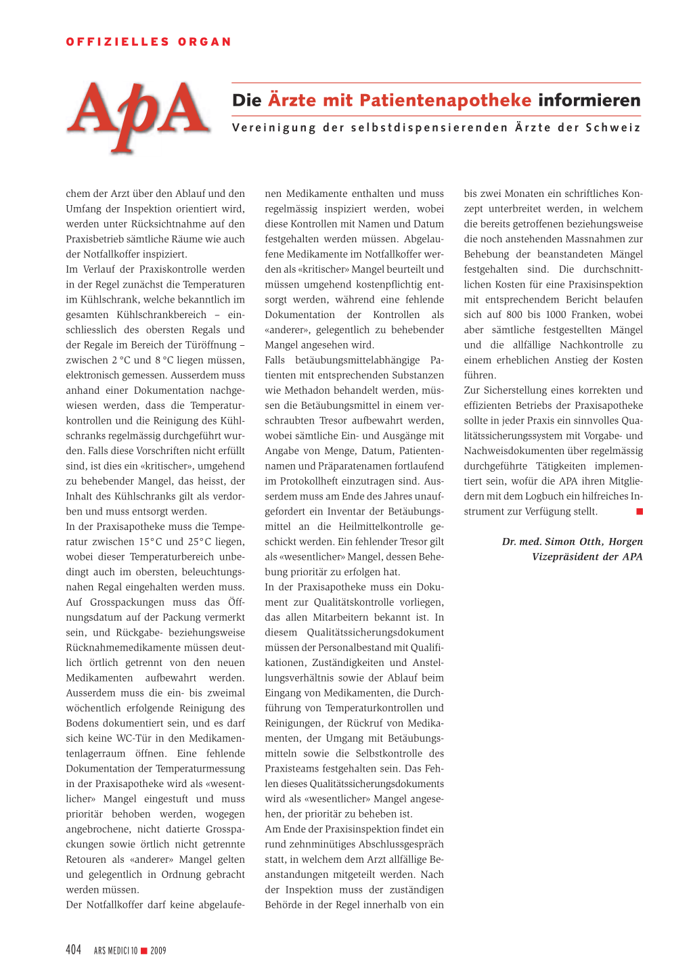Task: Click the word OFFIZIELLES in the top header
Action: pos(117,42)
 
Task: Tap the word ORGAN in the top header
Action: pos(204,42)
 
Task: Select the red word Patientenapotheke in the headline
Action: pos(445,101)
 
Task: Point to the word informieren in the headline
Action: pos(589,101)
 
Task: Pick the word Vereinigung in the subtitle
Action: pos(274,128)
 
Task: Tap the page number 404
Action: pos(74,950)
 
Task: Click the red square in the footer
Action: pos(143,951)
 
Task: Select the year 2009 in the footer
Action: pos(158,951)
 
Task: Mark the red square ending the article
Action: pos(640,512)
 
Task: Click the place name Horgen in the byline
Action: pos(625,541)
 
